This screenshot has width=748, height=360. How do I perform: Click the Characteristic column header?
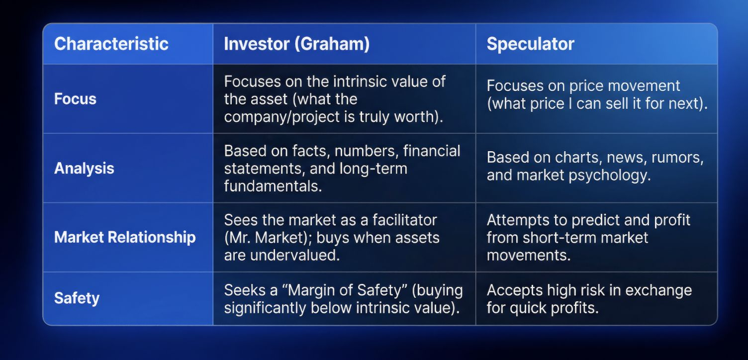click(111, 44)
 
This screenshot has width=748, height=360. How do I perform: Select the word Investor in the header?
click(257, 44)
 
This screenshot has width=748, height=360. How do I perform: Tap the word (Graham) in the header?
click(332, 44)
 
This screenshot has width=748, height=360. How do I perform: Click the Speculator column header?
click(530, 44)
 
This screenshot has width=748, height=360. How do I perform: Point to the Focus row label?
click(75, 99)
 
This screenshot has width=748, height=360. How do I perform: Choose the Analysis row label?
click(84, 168)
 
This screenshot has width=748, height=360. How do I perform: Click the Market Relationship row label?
click(125, 238)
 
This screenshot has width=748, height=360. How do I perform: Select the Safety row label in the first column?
click(77, 298)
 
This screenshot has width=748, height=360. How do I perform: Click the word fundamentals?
click(273, 186)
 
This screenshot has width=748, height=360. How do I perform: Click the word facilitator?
click(405, 220)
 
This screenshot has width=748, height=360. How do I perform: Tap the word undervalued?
click(295, 255)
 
